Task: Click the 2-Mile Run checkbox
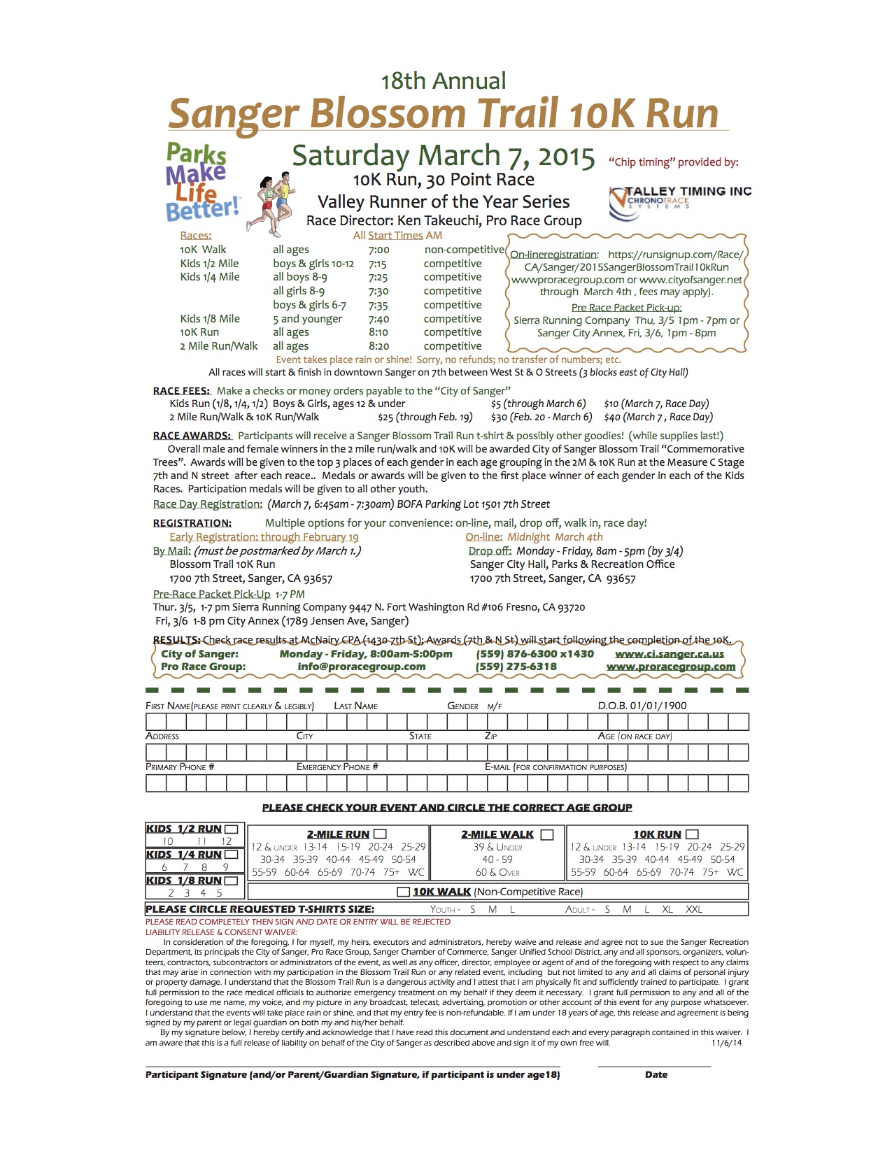381,834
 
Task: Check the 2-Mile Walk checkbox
547,834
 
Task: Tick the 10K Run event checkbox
693,834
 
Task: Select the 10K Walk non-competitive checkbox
403,892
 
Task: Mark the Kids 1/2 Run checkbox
232,829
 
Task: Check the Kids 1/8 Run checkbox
232,881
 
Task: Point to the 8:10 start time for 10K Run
378,332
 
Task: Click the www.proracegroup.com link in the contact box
670,667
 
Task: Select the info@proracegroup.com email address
361,667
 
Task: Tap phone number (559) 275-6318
516,667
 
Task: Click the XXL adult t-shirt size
693,909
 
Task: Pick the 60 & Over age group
497,872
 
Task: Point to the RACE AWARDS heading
192,436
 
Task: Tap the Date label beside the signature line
656,1074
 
